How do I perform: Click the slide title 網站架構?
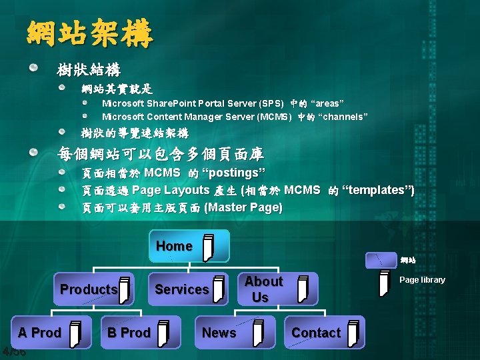coord(90,34)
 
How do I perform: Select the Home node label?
coord(174,246)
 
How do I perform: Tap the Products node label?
coord(89,289)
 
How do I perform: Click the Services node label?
coord(181,289)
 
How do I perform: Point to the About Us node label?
coord(263,289)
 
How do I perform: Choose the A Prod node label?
coord(39,333)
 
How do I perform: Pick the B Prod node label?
coord(129,333)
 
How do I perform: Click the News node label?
coord(219,333)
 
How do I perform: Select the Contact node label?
coord(315,333)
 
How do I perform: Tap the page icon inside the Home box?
coord(209,247)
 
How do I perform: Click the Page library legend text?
coord(422,280)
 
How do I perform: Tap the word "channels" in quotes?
coord(343,117)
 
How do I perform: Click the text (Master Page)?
coord(243,208)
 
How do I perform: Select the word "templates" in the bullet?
coord(377,191)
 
